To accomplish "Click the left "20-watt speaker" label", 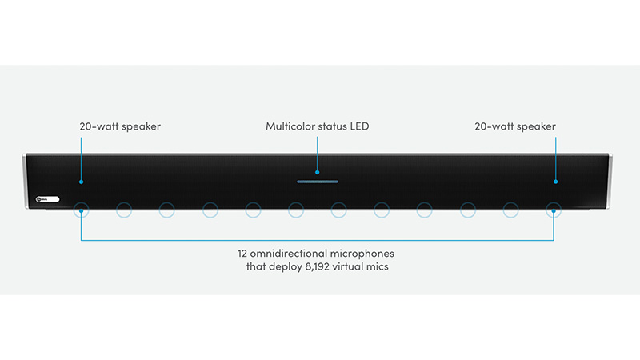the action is click(120, 126).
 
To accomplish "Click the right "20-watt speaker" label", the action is click(515, 126).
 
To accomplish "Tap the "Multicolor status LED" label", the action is click(317, 126).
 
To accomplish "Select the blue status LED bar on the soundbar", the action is click(317, 182).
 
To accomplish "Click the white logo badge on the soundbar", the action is click(48, 199).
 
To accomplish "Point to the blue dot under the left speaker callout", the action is click(82, 182).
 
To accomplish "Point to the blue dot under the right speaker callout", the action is click(555, 182).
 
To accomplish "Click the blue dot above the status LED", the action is click(317, 172).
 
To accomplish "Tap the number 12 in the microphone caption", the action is click(242, 254).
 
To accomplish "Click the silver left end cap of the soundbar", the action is click(25, 181).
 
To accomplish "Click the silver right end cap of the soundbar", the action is click(610, 181).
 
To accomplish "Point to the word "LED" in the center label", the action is click(359, 126).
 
